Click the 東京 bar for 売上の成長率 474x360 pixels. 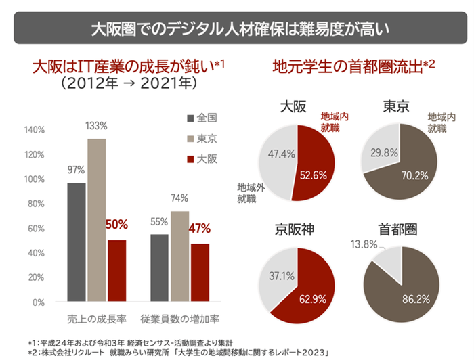click(97, 220)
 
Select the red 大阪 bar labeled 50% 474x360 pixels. click(116, 271)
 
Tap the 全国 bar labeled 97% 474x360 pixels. click(76, 242)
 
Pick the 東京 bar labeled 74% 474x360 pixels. click(179, 256)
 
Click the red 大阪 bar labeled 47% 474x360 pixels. click(199, 273)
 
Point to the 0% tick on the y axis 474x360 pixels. click(37, 302)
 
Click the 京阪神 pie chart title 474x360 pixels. click(294, 229)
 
